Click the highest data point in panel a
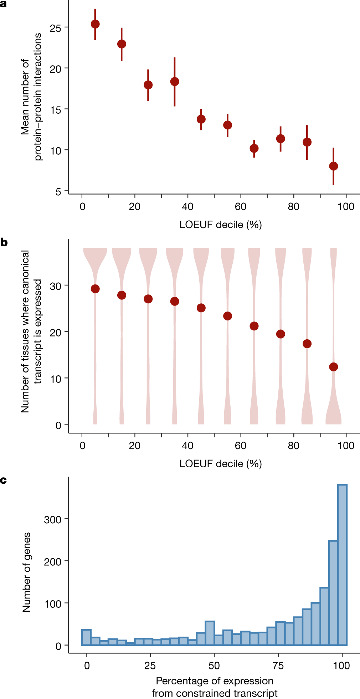[95, 24]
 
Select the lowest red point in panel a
[333, 166]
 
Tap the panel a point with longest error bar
[175, 82]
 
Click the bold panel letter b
[4, 243]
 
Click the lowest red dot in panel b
[333, 367]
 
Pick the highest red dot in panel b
[95, 289]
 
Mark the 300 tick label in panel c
[53, 520]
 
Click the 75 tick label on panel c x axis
[278, 665]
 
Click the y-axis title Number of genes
[27, 572]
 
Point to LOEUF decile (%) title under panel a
[221, 225]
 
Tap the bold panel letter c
[4, 480]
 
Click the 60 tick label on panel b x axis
[241, 446]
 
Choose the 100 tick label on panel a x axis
[346, 207]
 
